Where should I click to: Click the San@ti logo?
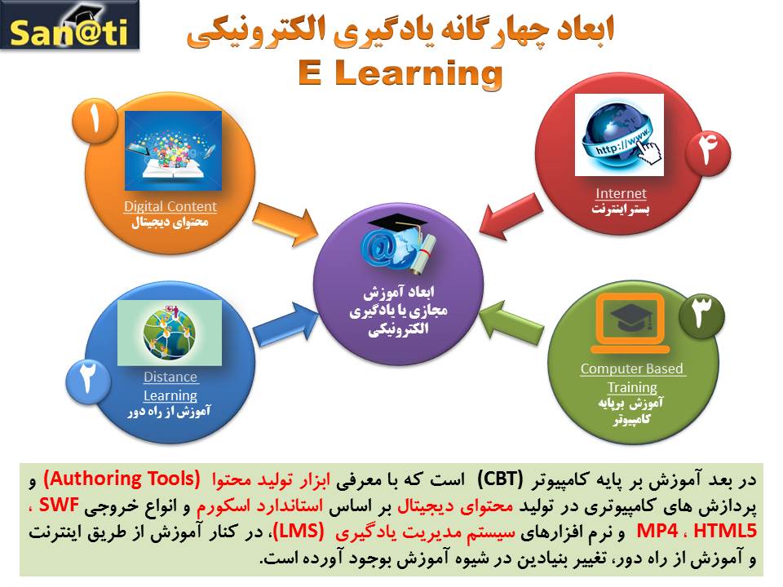(69, 25)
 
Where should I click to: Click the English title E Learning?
(400, 73)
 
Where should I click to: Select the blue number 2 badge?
(88, 381)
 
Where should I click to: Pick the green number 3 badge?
(701, 316)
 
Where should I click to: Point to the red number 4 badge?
(708, 152)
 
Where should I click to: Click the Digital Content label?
(170, 206)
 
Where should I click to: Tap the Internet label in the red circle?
(621, 193)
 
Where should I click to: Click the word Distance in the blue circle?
(170, 377)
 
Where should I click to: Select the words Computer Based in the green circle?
(631, 369)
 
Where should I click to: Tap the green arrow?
(511, 323)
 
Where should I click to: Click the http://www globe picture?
(619, 135)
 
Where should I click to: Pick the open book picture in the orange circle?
(173, 151)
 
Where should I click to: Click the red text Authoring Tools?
(122, 479)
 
